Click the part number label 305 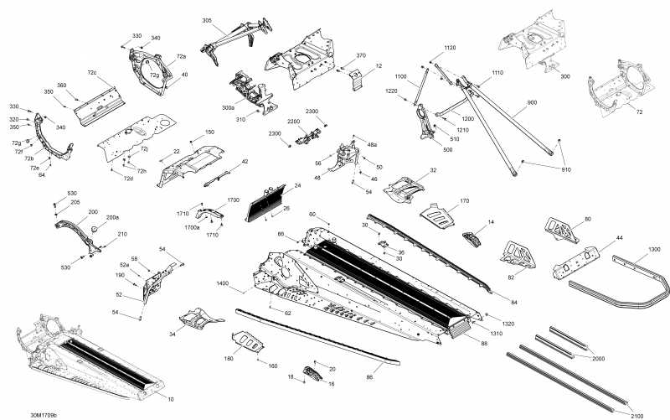click(x=207, y=20)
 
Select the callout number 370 click(x=361, y=55)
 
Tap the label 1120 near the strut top click(x=450, y=48)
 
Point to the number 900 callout click(x=532, y=102)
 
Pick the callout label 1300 click(x=654, y=250)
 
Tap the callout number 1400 click(x=222, y=284)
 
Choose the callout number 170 click(x=465, y=201)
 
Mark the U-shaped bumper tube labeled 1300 click(x=620, y=289)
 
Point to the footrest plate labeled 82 click(x=517, y=252)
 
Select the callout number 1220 click(x=391, y=91)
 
